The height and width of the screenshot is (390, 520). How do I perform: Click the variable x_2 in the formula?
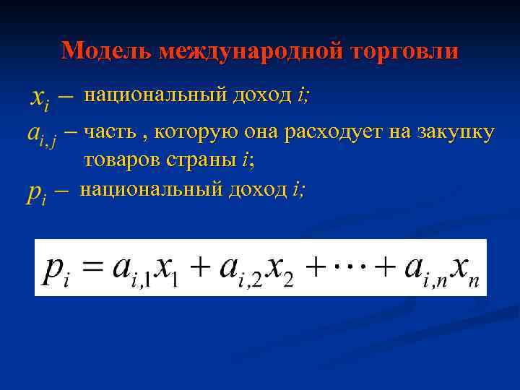tap(282, 269)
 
